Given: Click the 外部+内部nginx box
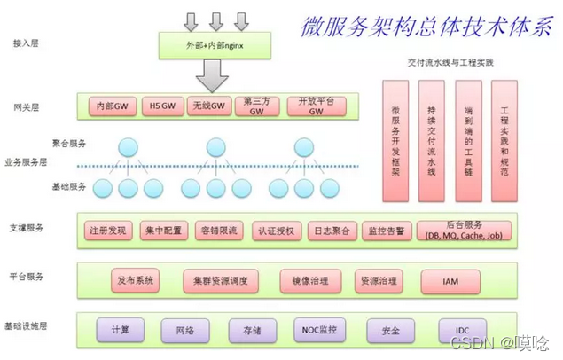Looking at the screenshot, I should point(215,42).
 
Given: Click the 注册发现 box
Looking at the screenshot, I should point(111,231).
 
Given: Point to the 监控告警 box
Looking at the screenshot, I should point(385,231).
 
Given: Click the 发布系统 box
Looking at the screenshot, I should point(136,281).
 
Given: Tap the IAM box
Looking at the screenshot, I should point(451,281).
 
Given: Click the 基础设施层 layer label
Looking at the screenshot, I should point(32,327).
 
